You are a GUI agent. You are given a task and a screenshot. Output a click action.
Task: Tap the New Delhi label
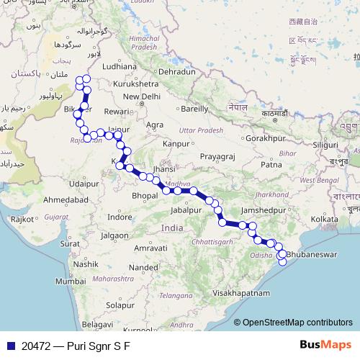(141, 96)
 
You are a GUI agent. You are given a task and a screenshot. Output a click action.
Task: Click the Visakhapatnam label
(241, 294)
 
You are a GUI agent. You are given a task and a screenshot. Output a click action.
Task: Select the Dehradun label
(177, 72)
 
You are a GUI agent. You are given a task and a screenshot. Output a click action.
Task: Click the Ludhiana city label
(116, 66)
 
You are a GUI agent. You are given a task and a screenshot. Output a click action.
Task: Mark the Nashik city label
(84, 264)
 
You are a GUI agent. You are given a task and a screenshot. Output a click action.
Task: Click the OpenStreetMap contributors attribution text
(297, 323)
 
